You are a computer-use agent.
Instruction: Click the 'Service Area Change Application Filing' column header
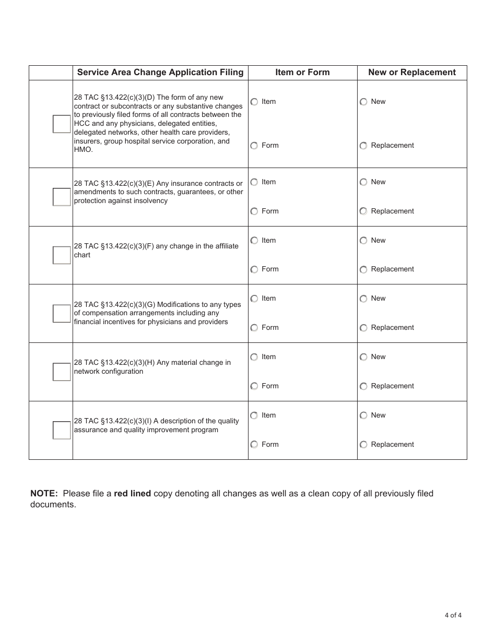(160, 73)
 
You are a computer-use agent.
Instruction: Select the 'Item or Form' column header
(302, 73)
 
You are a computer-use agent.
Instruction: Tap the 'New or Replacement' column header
(412, 73)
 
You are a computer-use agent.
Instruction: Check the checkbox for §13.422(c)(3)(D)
(62, 124)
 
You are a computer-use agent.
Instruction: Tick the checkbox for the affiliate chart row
(62, 255)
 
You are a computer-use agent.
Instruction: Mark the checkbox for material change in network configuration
(62, 372)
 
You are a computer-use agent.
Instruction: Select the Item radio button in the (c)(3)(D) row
(254, 102)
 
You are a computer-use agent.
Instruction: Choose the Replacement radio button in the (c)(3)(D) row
(363, 146)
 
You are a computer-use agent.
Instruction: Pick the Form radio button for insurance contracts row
(254, 211)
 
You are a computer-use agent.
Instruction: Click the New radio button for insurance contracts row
(363, 182)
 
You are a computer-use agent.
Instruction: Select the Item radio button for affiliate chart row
(254, 241)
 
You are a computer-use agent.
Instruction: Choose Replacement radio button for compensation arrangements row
(363, 328)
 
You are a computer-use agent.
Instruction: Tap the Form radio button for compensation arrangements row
(254, 328)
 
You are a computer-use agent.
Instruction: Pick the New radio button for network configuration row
(363, 357)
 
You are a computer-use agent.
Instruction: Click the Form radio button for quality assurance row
(254, 445)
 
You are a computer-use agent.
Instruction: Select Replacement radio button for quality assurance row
(363, 445)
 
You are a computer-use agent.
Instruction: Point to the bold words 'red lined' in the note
(133, 494)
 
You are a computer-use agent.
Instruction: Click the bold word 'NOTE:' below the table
(44, 494)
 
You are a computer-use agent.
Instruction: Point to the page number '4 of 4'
(453, 615)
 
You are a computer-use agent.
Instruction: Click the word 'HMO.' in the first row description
(84, 150)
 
